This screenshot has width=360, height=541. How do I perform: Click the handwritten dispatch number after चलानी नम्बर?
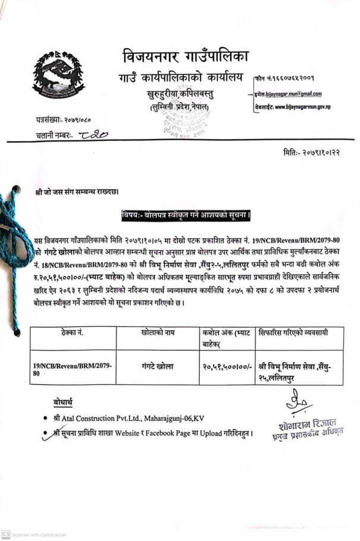click(93, 136)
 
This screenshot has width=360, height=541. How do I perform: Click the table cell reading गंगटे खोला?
click(157, 367)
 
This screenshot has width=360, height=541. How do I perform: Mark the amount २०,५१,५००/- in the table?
click(226, 367)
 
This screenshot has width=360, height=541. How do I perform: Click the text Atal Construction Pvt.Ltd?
click(98, 419)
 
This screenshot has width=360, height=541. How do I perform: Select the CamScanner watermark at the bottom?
click(35, 534)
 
